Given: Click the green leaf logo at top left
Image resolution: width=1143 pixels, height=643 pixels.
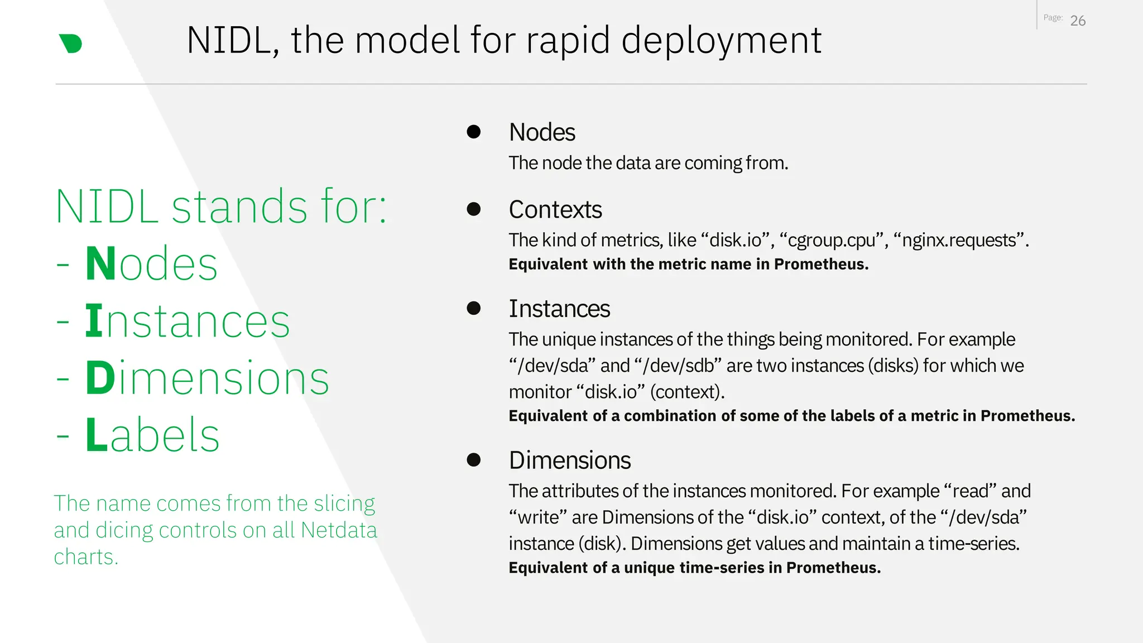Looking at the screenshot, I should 71,44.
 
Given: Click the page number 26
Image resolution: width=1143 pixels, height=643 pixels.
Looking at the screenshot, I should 1078,21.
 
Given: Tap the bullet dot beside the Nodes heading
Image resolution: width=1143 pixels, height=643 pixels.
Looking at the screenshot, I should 474,132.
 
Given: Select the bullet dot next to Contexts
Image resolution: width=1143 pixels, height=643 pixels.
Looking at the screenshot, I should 474,209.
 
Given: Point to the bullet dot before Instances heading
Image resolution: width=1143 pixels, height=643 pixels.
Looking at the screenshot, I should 474,308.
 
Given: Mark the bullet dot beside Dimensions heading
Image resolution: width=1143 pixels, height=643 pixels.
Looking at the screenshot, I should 474,459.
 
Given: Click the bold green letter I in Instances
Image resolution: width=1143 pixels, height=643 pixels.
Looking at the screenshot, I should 94,321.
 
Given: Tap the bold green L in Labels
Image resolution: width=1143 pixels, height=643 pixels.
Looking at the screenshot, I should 95,435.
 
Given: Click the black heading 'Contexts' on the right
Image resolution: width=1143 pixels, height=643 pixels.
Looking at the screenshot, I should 555,210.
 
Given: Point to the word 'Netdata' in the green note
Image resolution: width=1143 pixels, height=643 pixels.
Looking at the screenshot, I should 339,530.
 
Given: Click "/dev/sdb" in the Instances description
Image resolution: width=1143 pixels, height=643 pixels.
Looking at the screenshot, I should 678,366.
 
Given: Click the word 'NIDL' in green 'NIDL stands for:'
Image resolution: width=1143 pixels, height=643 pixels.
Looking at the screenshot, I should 107,207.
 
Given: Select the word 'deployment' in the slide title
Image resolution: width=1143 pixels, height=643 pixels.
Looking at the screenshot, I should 721,40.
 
